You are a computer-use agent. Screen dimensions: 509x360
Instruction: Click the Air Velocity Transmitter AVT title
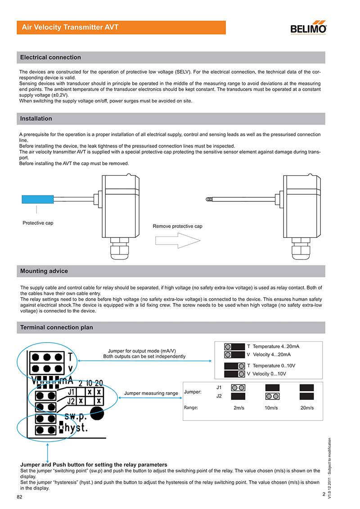pos(70,27)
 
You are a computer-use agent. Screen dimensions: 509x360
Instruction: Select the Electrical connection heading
pos(50,58)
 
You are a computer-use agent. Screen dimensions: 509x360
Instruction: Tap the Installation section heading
pos(36,119)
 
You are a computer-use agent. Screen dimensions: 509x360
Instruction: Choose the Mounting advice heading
pos(44,271)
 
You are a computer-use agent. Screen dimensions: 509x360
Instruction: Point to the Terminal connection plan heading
pos(57,327)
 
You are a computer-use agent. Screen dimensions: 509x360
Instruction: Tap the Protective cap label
pos(38,223)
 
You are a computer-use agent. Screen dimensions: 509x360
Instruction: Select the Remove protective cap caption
pos(177,226)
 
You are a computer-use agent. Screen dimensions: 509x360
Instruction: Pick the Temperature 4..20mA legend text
pos(276,347)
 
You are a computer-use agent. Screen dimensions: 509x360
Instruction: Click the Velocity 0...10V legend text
pos(270,374)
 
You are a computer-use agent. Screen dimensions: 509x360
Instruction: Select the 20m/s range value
pos(306,408)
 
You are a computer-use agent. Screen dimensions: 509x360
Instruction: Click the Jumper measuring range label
pos(151,393)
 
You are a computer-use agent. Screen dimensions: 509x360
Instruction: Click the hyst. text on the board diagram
pos(76,428)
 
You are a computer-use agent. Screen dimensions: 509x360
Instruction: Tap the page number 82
pos(20,497)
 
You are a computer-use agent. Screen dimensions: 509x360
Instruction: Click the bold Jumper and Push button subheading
pos(94,464)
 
